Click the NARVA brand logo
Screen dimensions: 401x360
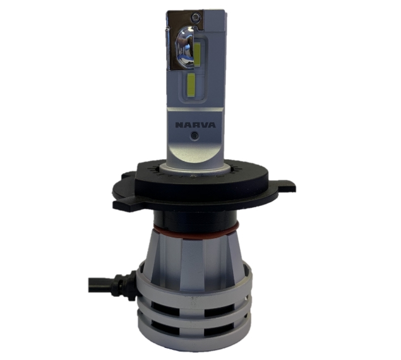click(x=195, y=125)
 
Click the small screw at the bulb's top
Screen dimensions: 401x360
click(x=195, y=18)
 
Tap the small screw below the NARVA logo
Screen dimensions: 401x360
click(x=195, y=135)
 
